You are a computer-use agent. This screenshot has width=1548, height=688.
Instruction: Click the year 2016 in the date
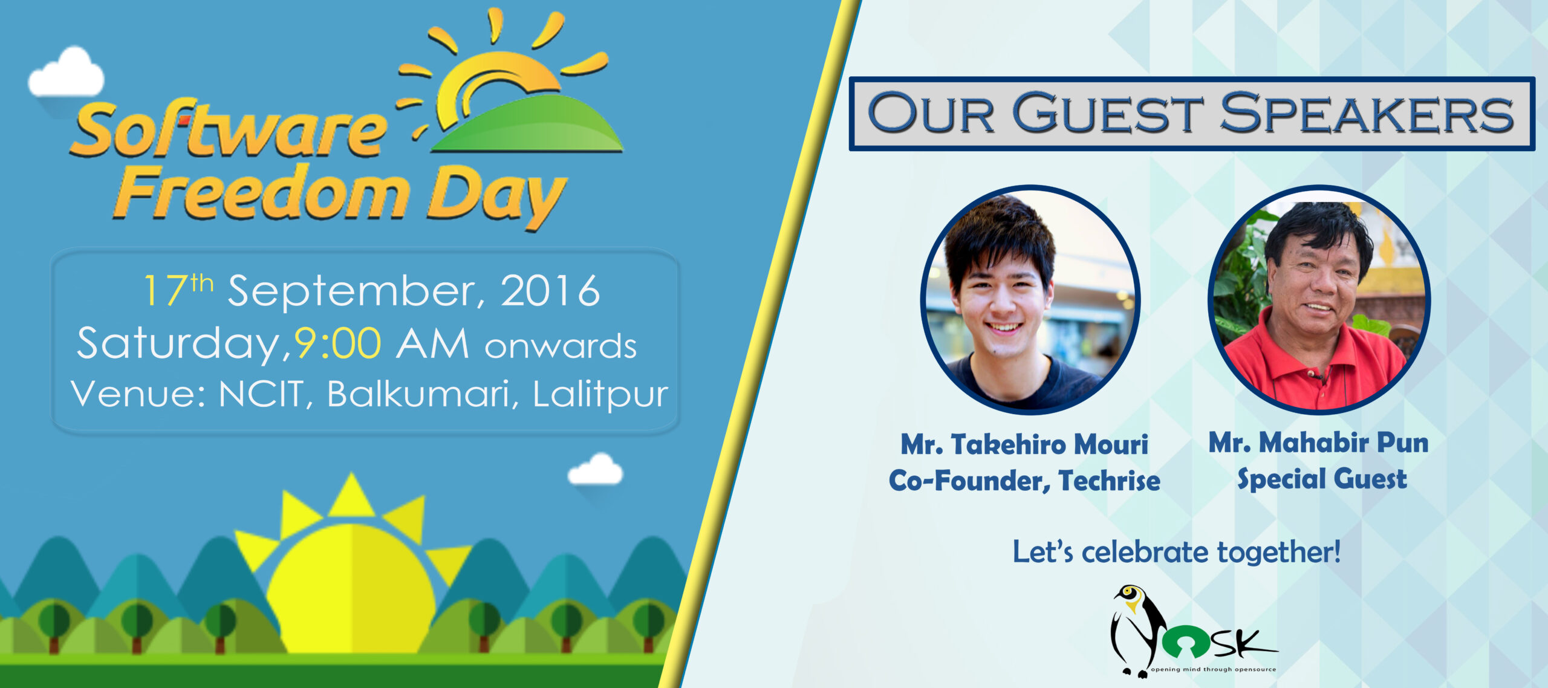click(x=550, y=291)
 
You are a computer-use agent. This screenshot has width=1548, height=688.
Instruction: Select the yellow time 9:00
click(x=337, y=343)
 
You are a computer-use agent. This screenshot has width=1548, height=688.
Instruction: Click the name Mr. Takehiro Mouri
click(x=1024, y=444)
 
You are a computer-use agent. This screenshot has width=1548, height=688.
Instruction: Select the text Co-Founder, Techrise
click(x=1024, y=481)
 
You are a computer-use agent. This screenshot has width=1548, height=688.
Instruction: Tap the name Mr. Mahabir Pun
click(x=1319, y=443)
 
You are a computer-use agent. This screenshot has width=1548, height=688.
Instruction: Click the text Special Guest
click(x=1322, y=479)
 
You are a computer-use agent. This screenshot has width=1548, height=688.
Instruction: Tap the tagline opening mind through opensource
click(x=1214, y=669)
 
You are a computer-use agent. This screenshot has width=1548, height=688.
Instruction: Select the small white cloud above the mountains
click(x=595, y=470)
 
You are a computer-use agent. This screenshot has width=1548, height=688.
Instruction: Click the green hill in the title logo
click(x=527, y=124)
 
